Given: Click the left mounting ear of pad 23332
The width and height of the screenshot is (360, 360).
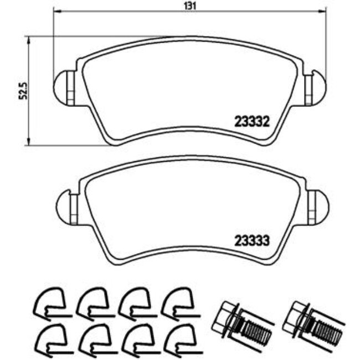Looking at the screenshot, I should pyautogui.click(x=65, y=88).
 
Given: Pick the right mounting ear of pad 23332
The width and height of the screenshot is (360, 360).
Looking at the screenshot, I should pyautogui.click(x=316, y=87).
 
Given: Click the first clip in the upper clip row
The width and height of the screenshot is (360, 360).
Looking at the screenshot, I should pyautogui.click(x=50, y=302).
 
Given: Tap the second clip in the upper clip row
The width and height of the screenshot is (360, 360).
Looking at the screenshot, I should pyautogui.click(x=92, y=302).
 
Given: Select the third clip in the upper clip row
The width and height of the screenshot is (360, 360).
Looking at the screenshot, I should pyautogui.click(x=135, y=302).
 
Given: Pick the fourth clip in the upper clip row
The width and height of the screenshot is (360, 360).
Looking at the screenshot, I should pyautogui.click(x=177, y=302).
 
